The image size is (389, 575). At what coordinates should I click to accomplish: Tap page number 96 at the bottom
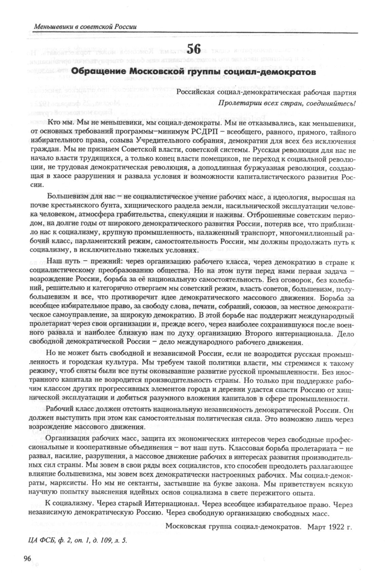click(x=27, y=559)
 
